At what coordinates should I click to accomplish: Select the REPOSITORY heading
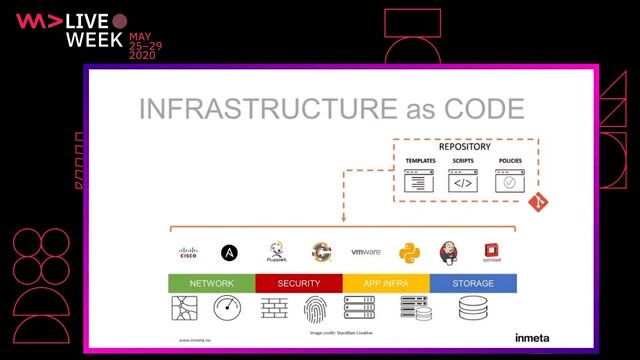tap(465, 147)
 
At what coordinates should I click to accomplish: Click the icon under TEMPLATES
tap(420, 181)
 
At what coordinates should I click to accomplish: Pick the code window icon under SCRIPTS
tap(464, 181)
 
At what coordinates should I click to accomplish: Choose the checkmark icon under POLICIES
tap(509, 181)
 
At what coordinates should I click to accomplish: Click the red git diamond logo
tap(537, 202)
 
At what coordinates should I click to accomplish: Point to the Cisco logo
tap(188, 252)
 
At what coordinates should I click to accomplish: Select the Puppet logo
tap(277, 251)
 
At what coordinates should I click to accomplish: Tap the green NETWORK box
tap(211, 283)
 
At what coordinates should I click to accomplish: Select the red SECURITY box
tap(298, 283)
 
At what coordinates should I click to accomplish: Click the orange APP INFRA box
tap(386, 283)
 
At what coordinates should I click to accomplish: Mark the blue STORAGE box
tap(473, 283)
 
